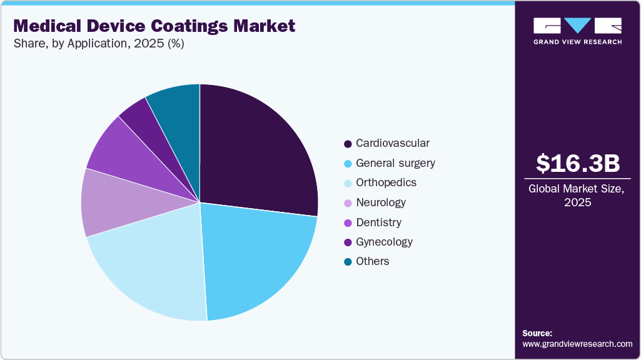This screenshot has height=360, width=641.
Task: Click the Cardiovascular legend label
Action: click(x=392, y=143)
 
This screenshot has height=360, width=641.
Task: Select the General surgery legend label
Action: click(x=395, y=163)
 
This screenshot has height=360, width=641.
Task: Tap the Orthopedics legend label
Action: click(x=386, y=182)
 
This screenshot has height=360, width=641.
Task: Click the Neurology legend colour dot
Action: click(x=348, y=202)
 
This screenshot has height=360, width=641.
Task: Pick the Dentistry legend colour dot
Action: click(x=348, y=222)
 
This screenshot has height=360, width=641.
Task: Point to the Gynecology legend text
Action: click(x=384, y=242)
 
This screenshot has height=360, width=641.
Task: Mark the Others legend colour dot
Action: click(x=348, y=262)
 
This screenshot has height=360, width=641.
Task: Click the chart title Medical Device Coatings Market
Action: click(x=154, y=26)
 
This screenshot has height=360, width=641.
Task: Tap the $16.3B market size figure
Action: click(x=578, y=164)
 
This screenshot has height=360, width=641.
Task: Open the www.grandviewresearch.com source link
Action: click(x=577, y=344)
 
